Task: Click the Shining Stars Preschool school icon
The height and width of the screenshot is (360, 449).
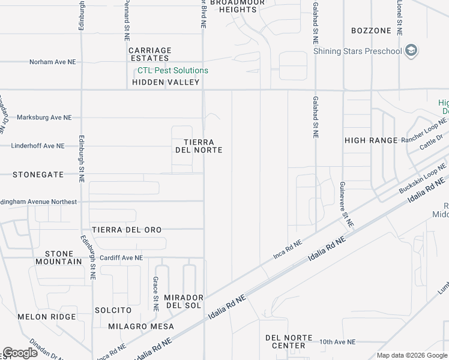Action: [411, 50]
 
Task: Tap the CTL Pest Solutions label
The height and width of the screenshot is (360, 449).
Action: [173, 70]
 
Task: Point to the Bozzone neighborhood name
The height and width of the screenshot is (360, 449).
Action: [371, 31]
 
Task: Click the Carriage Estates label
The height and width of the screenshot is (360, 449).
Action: [149, 54]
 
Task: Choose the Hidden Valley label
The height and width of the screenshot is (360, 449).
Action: [166, 82]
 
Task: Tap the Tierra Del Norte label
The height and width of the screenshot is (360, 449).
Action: [199, 146]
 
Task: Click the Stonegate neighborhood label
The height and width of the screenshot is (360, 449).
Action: [38, 175]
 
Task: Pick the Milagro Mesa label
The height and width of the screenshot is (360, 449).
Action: [141, 326]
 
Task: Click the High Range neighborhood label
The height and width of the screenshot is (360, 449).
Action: [371, 140]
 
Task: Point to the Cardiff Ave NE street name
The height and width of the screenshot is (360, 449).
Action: [121, 258]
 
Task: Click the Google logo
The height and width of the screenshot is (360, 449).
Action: [20, 352]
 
